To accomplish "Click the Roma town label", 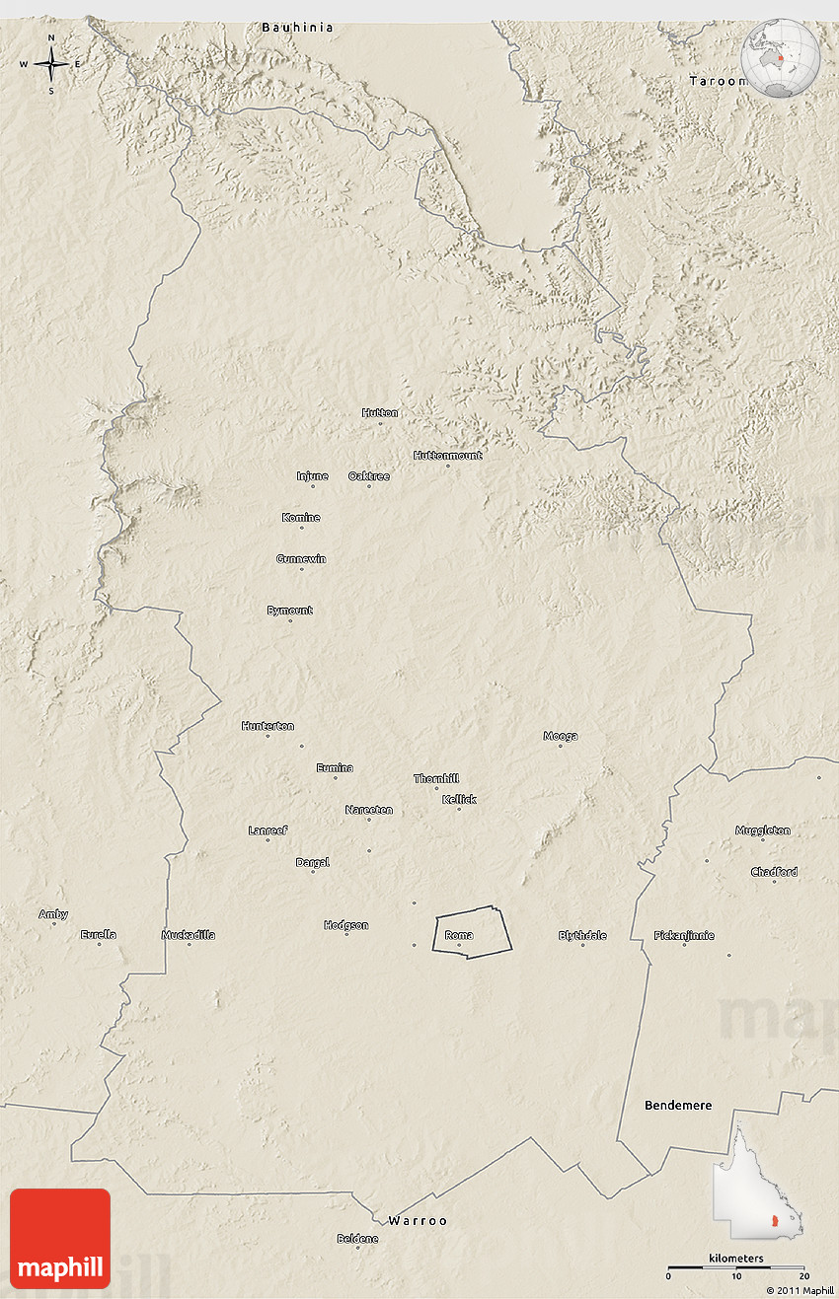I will [x=459, y=935].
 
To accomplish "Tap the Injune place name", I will [x=312, y=476].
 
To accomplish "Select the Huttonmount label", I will [x=447, y=456].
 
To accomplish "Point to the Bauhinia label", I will [x=297, y=28].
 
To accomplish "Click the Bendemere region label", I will [x=678, y=1106].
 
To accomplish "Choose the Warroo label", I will [x=418, y=1221].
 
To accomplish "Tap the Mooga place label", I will [x=561, y=736].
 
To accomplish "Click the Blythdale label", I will [x=582, y=935].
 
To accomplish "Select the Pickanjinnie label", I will [x=684, y=935].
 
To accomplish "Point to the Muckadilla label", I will [x=189, y=935].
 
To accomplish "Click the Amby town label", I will [x=53, y=914].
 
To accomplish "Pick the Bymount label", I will [x=289, y=611].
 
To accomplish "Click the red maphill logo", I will [x=60, y=1239].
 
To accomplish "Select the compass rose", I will [x=51, y=64].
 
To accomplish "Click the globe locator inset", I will [x=781, y=58].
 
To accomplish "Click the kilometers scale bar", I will [x=735, y=1266].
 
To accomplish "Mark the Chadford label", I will [x=774, y=872].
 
